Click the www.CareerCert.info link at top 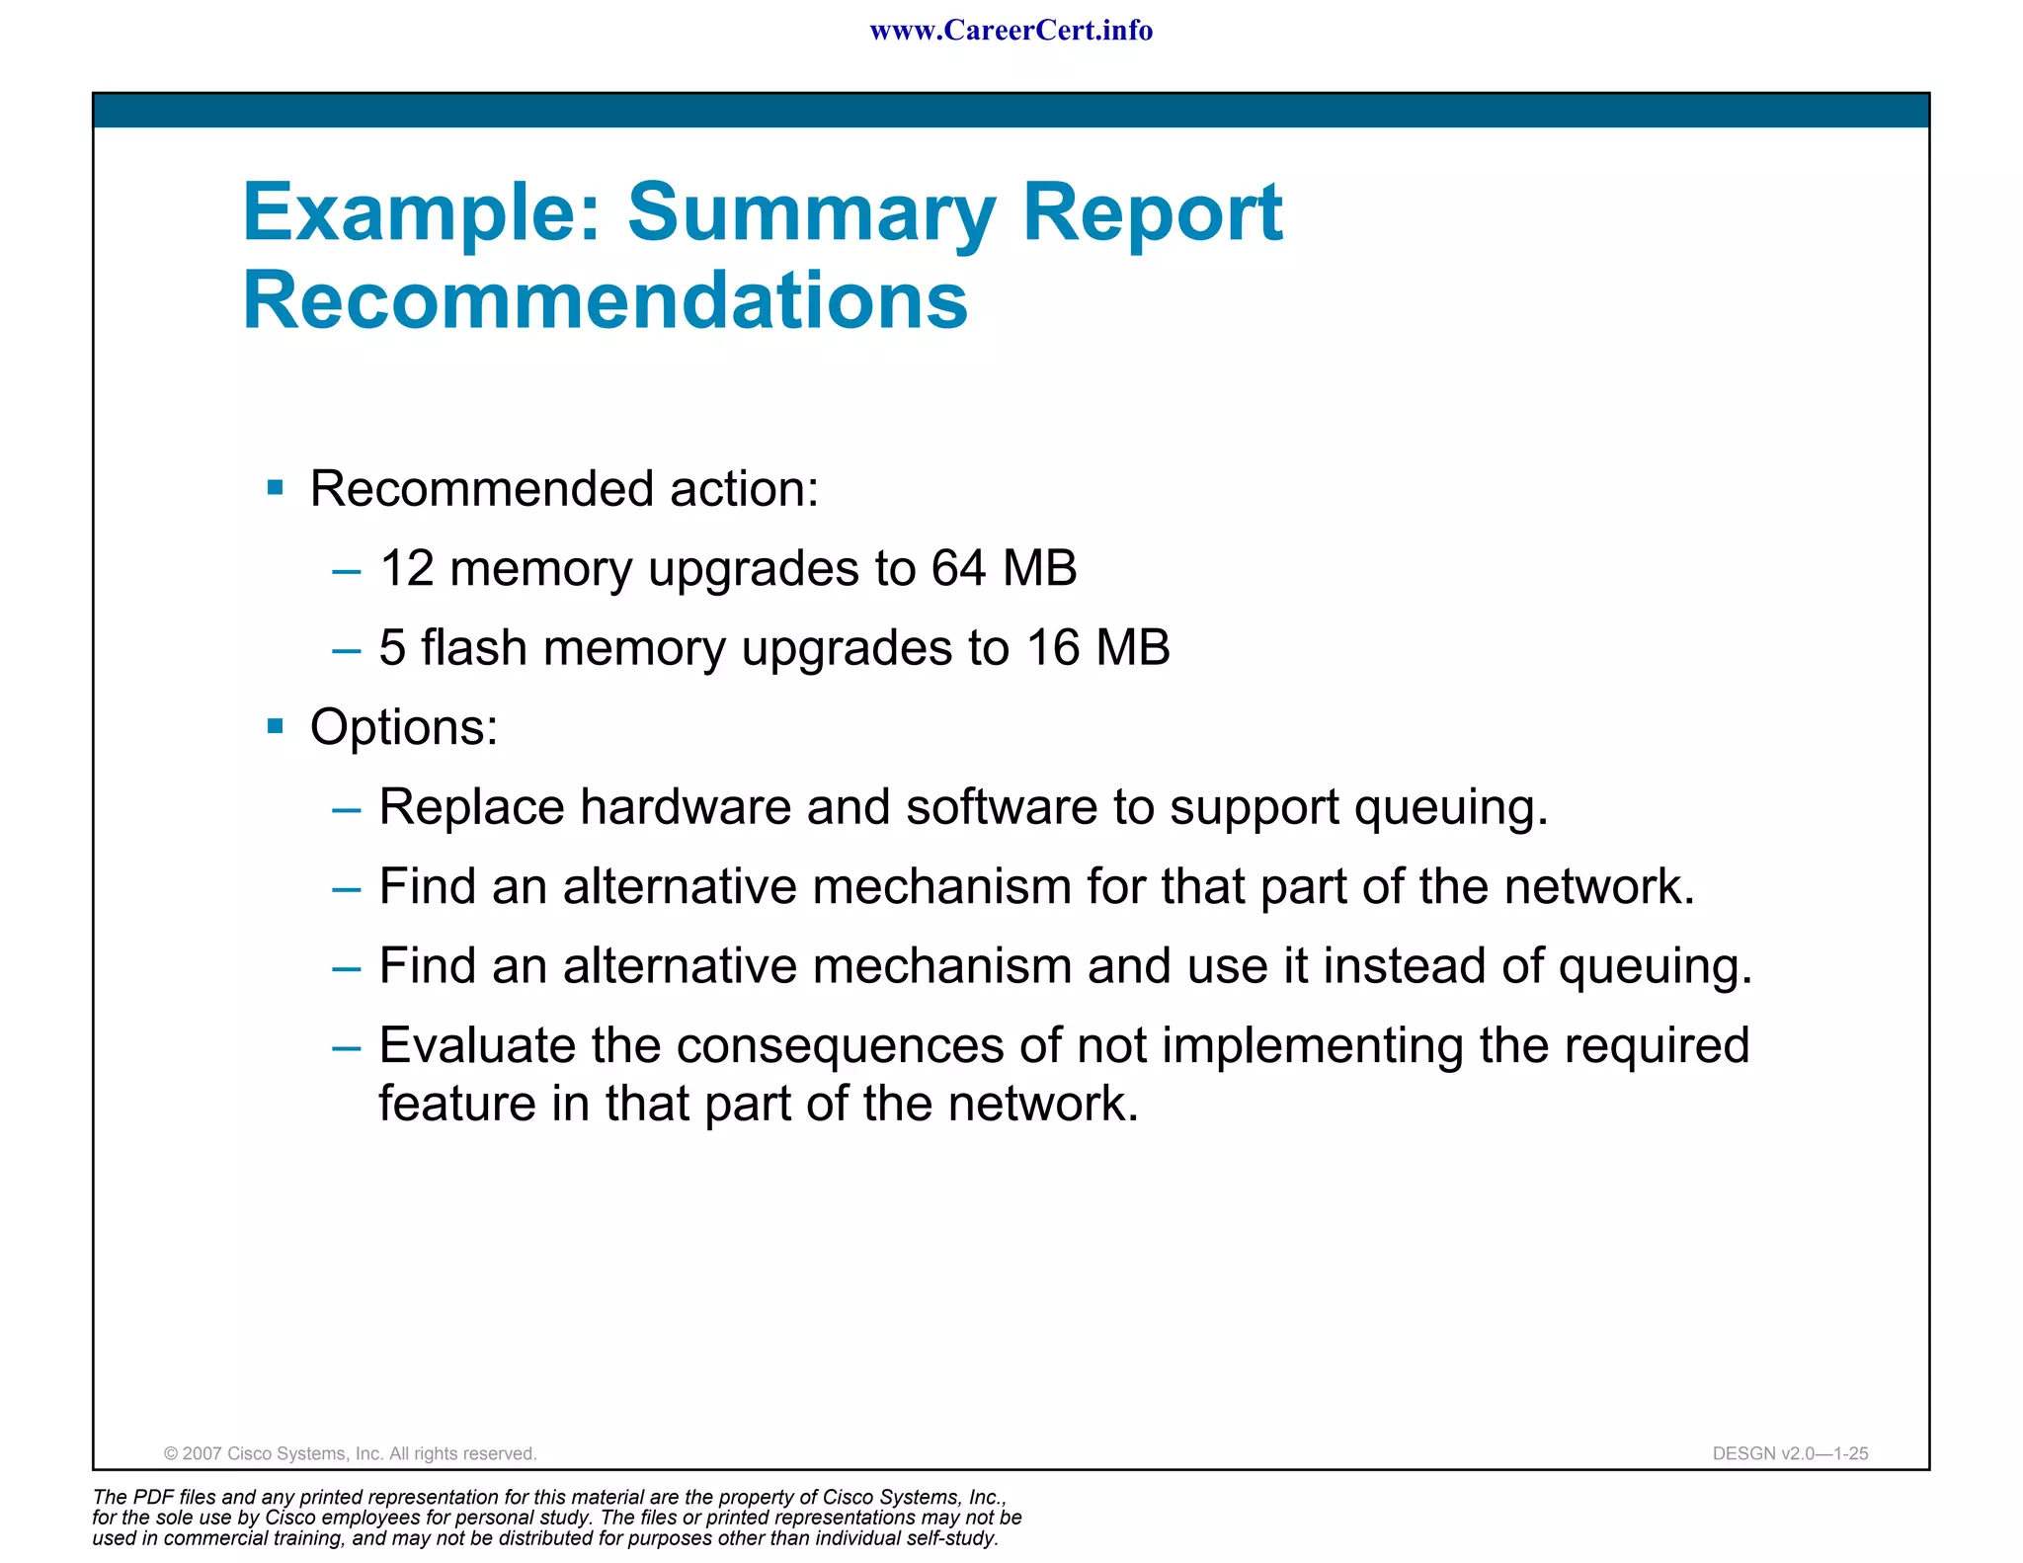pos(1011,31)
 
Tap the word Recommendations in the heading pos(606,300)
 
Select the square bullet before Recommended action pos(276,487)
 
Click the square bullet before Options pos(276,727)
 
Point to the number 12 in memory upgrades pos(406,569)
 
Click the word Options pos(404,728)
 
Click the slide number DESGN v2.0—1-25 pos(1790,1453)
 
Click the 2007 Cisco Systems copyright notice pos(350,1453)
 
